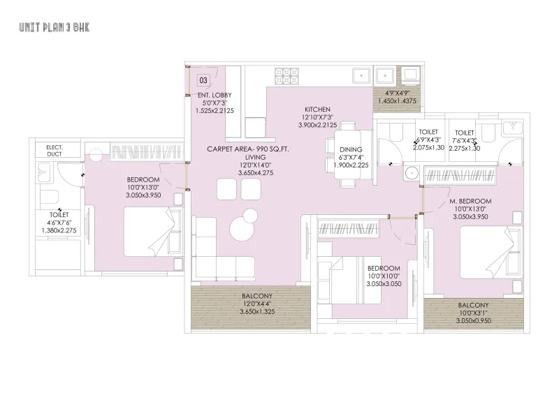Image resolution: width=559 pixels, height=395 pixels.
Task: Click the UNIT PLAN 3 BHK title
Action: [55, 27]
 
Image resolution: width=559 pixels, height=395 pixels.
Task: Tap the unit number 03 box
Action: [203, 80]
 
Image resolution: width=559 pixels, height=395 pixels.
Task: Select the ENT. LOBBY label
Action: [215, 95]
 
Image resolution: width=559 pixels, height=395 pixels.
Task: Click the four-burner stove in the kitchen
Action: [286, 77]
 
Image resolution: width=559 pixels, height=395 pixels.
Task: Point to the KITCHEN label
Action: [317, 110]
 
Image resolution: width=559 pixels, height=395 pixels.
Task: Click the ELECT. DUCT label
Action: [55, 151]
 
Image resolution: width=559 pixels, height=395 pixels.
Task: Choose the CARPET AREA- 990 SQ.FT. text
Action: [248, 149]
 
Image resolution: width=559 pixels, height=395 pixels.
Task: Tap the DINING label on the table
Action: [351, 149]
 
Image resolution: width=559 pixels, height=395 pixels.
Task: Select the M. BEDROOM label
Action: [470, 201]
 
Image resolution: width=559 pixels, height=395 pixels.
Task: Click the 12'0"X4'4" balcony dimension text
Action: [256, 304]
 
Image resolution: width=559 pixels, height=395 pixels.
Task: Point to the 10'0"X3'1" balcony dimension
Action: [473, 313]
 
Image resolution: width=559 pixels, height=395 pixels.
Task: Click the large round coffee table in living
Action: [243, 228]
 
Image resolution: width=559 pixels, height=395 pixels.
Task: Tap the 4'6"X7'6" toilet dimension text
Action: [59, 223]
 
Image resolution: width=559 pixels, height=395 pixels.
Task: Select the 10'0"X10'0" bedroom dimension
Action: [384, 276]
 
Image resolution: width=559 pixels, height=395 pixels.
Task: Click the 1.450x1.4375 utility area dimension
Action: [397, 100]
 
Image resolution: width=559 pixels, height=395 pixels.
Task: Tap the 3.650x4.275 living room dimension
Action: [256, 173]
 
